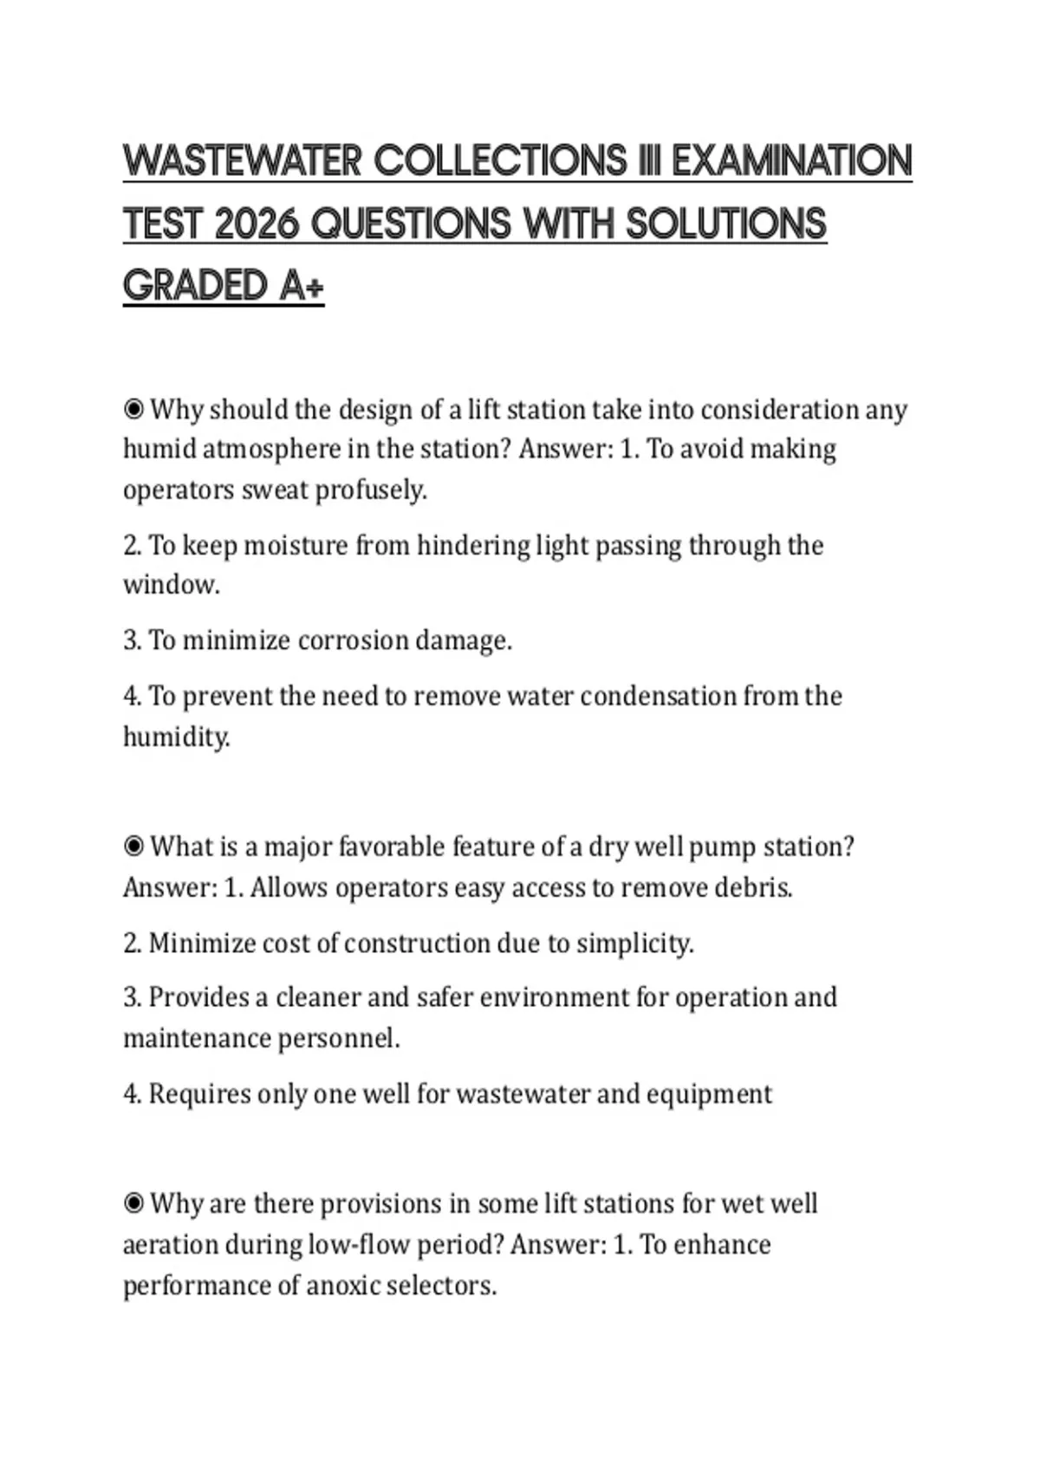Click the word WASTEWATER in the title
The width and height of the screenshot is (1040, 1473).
tap(242, 161)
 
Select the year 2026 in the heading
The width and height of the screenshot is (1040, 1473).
tap(255, 224)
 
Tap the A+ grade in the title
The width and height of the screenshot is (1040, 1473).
tap(302, 286)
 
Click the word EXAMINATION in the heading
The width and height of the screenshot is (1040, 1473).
tap(791, 161)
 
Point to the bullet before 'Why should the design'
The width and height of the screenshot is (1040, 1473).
tap(133, 408)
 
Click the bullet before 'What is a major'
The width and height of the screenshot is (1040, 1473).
tap(133, 846)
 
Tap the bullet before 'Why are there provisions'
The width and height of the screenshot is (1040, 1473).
tap(133, 1203)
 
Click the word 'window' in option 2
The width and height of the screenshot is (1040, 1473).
tap(170, 585)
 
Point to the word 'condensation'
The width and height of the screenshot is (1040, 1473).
tap(658, 696)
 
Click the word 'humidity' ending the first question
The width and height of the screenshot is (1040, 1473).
tap(175, 737)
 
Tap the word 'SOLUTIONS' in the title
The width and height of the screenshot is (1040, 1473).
tap(725, 224)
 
